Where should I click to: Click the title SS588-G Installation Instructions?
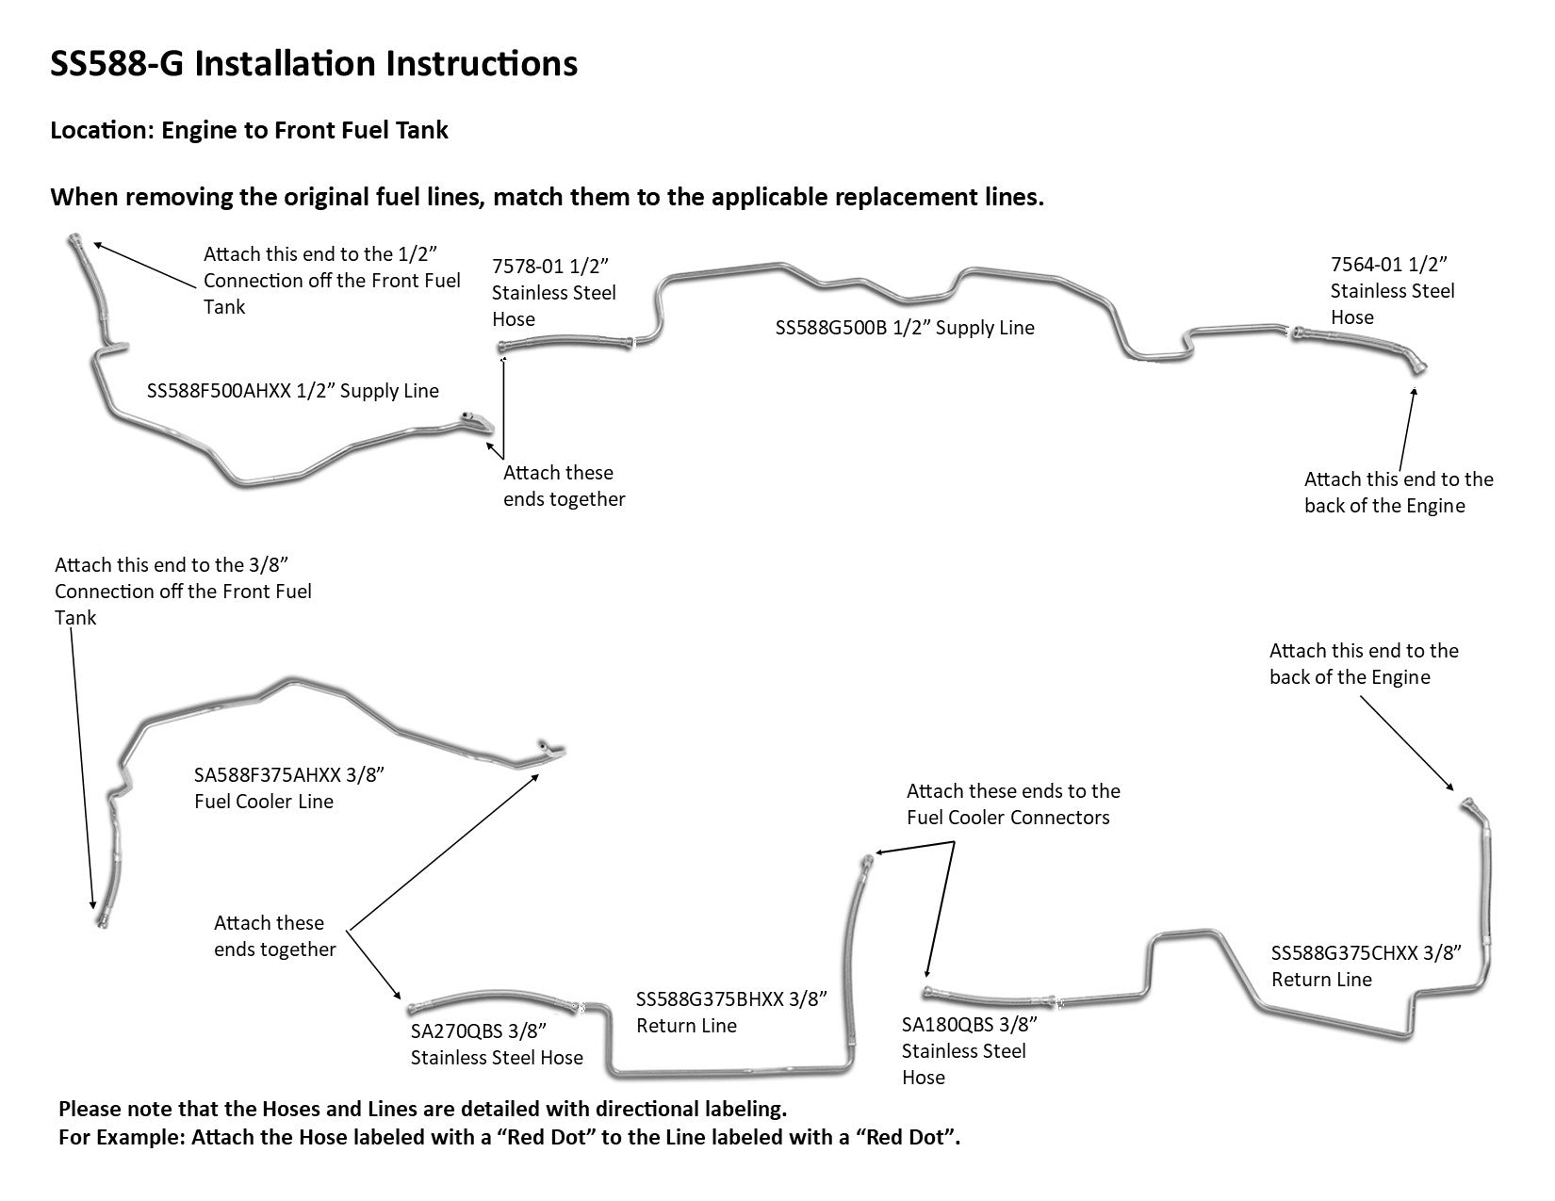314,64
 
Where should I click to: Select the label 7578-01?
527,266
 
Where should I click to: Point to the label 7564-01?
1366,264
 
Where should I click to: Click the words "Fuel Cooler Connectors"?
1008,818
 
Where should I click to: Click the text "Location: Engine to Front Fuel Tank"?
249,130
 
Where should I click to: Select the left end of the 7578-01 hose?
502,348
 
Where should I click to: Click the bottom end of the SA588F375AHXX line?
98,918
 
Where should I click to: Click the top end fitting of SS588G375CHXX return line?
1465,803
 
